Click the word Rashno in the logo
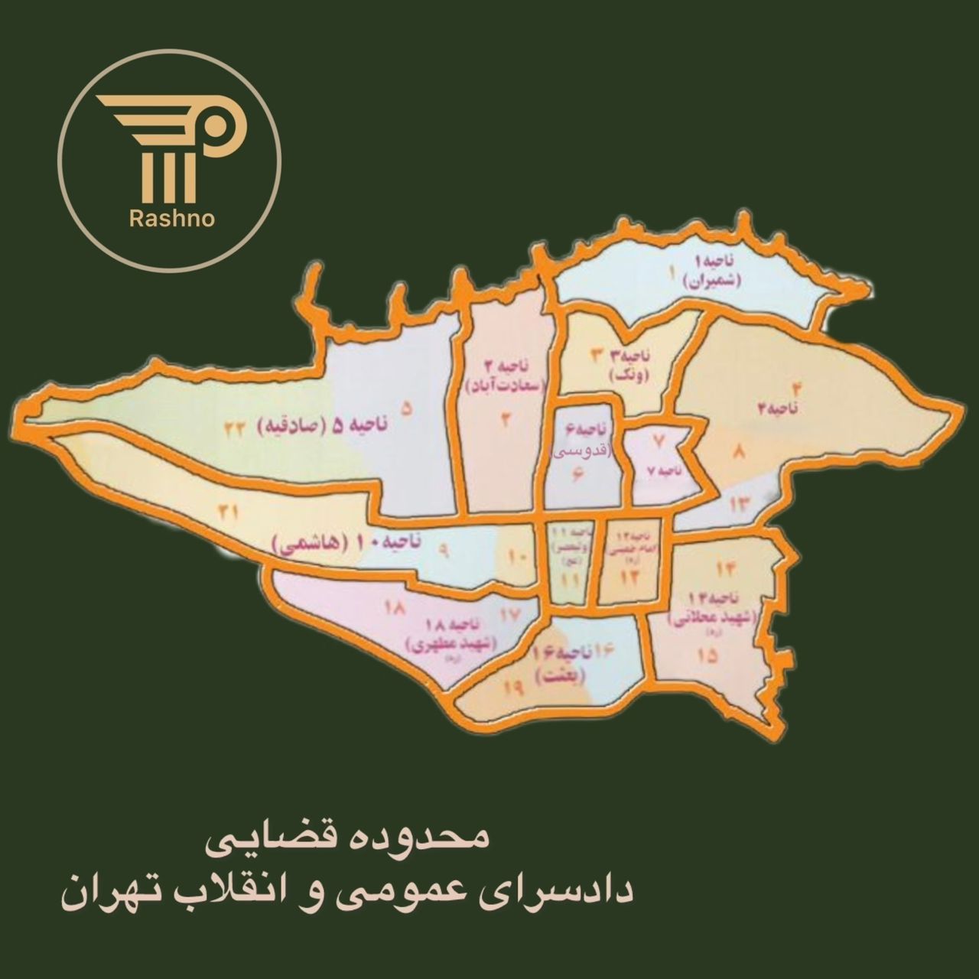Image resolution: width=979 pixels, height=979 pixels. tap(172, 220)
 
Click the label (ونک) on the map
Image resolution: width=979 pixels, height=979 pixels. tap(630, 376)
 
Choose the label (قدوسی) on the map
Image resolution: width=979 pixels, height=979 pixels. tap(582, 450)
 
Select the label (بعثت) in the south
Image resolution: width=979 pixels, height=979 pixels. tap(561, 676)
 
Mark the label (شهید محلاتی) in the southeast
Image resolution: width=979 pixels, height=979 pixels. tap(711, 619)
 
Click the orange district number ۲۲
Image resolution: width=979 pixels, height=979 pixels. tap(234, 429)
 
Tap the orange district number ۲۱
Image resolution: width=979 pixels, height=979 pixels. tap(227, 512)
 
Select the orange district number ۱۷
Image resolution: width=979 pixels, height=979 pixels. tap(511, 614)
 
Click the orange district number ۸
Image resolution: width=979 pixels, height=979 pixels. tap(739, 453)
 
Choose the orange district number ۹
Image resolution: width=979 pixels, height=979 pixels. tap(443, 548)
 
